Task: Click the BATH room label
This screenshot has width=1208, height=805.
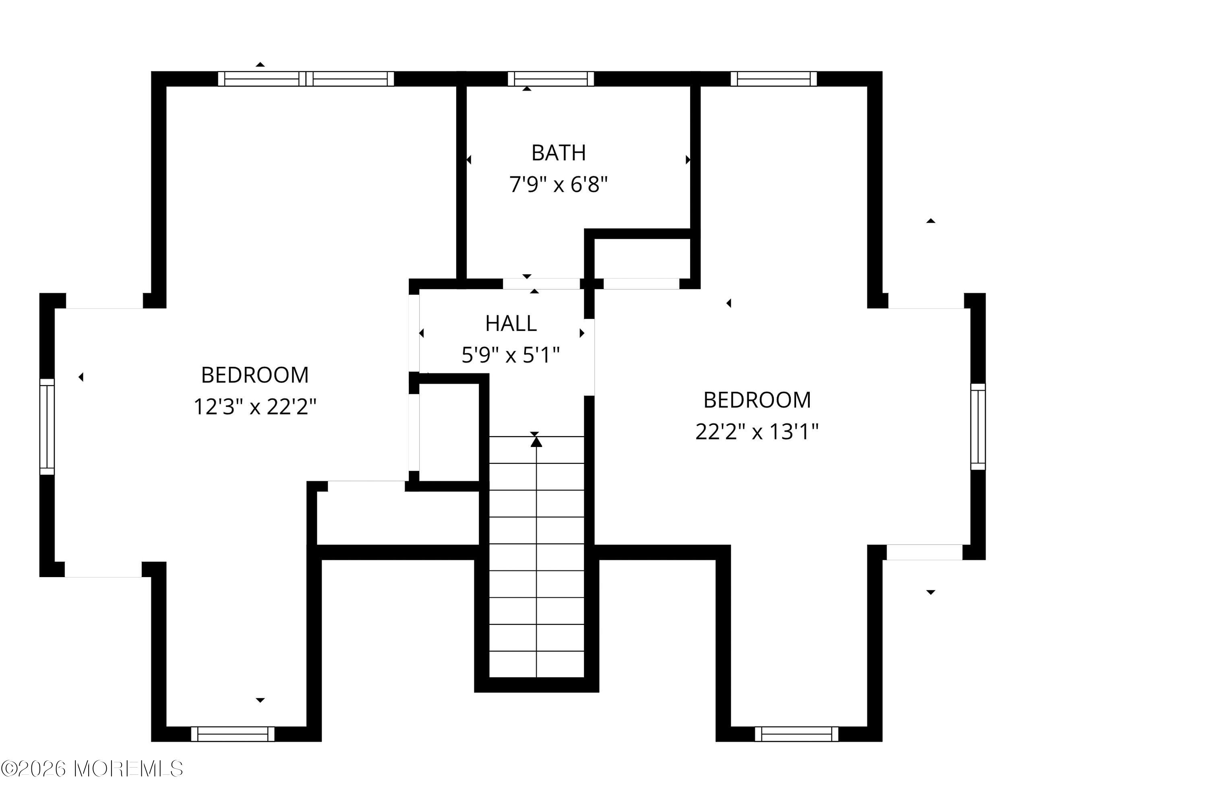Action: (558, 153)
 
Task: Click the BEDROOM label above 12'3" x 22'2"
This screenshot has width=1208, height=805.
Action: (254, 375)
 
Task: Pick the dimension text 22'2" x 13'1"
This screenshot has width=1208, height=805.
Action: (756, 432)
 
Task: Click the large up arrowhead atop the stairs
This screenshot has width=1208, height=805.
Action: (536, 441)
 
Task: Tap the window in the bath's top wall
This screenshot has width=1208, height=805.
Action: (550, 79)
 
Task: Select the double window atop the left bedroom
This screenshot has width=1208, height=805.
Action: (306, 79)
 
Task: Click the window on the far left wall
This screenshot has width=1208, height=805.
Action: (47, 426)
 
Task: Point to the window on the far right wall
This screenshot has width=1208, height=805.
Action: (978, 426)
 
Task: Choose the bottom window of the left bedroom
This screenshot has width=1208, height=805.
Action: (233, 734)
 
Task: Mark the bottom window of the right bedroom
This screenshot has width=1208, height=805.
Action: (796, 734)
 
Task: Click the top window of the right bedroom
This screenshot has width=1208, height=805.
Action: (773, 79)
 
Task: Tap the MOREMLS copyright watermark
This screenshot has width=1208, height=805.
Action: (92, 768)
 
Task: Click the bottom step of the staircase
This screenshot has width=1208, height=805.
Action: (536, 665)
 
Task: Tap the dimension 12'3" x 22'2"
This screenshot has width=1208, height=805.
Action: (254, 407)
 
